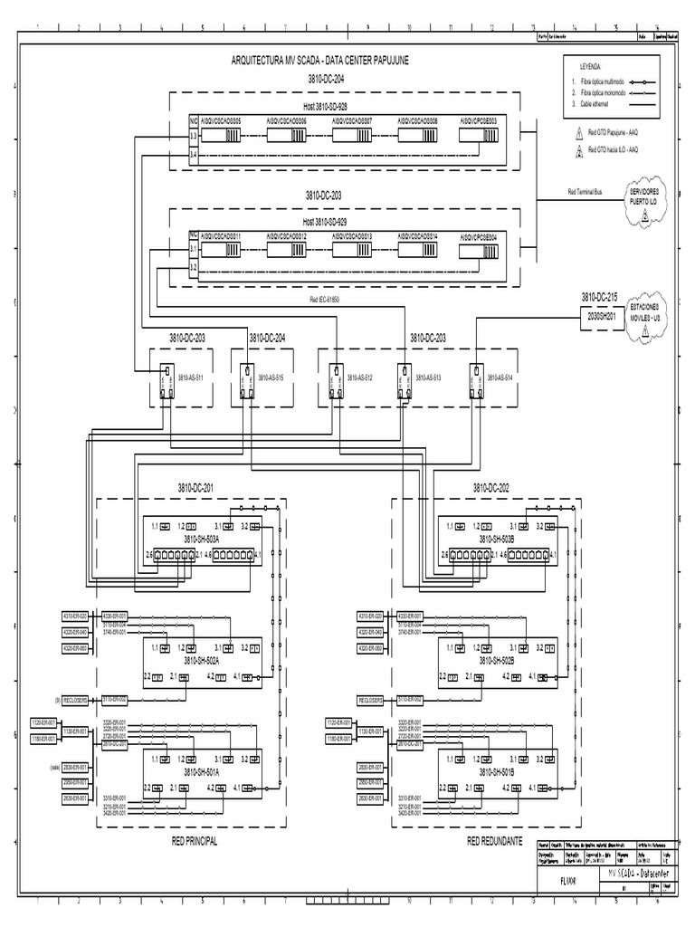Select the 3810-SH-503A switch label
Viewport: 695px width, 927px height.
point(208,539)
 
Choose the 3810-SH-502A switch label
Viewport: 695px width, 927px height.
point(208,661)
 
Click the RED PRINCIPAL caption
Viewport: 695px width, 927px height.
point(195,841)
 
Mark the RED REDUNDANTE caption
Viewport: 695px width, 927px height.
point(495,841)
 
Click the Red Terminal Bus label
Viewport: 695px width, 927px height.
point(585,192)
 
